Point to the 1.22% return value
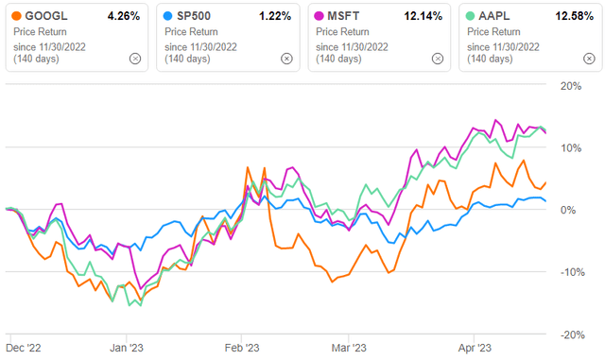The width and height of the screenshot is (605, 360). click(x=276, y=15)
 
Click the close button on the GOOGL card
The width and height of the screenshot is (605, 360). click(x=135, y=58)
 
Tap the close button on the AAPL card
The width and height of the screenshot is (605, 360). click(x=588, y=58)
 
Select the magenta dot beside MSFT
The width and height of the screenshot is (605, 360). click(x=318, y=16)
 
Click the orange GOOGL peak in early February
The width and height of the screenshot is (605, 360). click(x=248, y=170)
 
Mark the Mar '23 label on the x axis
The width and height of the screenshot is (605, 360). click(x=348, y=347)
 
